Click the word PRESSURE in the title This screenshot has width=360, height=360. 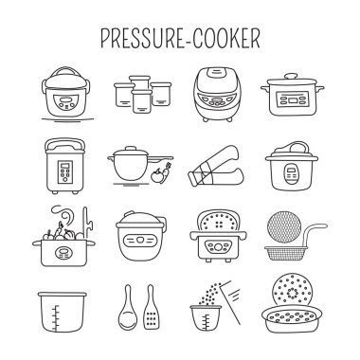(143, 38)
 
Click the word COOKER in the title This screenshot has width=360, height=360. (226, 38)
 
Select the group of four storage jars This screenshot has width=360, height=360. (143, 94)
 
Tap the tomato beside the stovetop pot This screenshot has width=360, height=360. (155, 175)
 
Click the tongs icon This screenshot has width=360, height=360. (217, 167)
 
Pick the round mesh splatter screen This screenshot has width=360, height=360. (284, 226)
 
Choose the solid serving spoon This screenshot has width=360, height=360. (128, 307)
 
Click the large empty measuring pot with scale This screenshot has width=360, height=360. (63, 312)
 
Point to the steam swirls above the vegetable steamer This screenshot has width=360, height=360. (63, 216)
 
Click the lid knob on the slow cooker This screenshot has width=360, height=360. (291, 76)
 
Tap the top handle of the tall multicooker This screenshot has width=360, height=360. (65, 145)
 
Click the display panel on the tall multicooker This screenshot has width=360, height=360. (65, 172)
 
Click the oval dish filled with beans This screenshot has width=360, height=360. (293, 318)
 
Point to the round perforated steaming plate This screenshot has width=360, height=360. (293, 292)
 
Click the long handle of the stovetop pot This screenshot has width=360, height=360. (161, 158)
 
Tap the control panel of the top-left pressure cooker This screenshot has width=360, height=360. (66, 101)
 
